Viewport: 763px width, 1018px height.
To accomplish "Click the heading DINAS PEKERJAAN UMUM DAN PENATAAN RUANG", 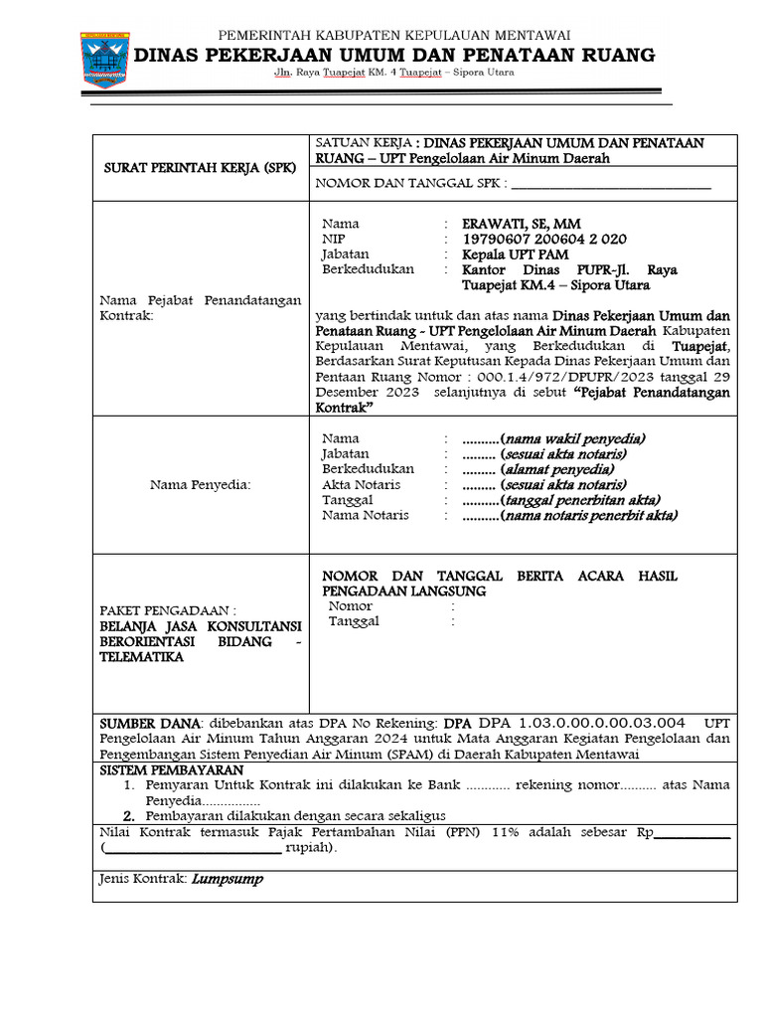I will point(394,54).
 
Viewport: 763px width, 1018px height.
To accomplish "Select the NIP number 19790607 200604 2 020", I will point(544,240).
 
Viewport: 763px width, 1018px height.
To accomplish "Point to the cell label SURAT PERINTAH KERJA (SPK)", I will point(200,169).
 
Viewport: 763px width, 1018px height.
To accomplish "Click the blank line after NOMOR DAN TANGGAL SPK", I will point(611,184).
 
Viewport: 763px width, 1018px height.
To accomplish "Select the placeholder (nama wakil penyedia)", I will point(573,438).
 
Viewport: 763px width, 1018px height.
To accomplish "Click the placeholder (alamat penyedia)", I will point(557,469).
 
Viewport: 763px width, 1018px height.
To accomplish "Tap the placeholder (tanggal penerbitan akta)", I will point(580,500).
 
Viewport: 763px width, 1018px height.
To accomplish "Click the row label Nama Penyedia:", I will point(201,485).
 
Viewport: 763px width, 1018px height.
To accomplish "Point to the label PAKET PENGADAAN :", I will point(167,609).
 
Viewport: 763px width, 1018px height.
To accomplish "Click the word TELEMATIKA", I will point(140,657).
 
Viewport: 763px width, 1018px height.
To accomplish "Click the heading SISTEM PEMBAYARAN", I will point(170,770).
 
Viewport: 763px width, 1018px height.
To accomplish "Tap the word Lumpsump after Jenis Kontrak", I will point(227,880).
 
